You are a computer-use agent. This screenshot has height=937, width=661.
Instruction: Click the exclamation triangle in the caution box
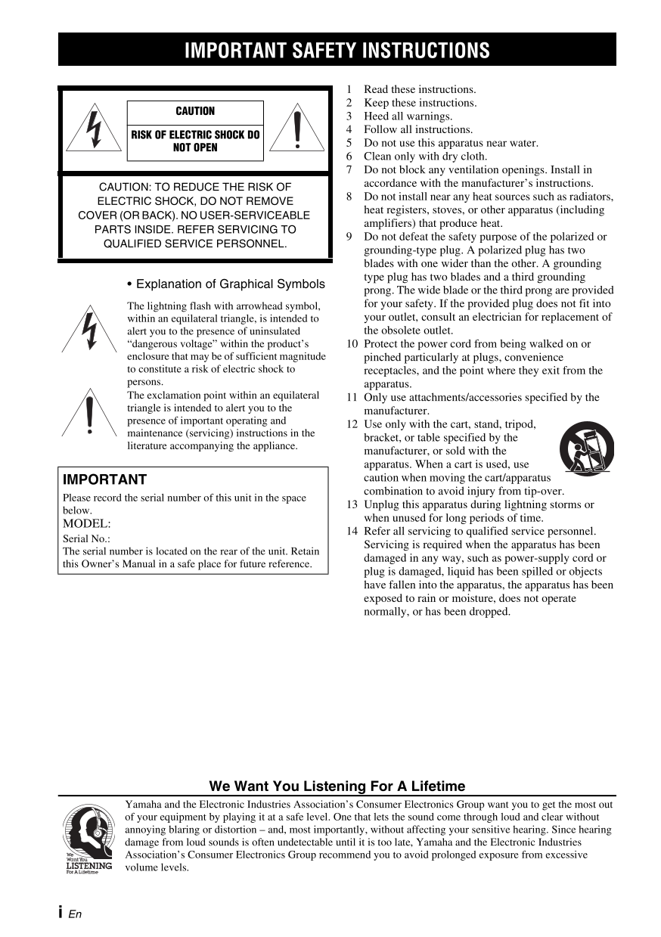pos(299,128)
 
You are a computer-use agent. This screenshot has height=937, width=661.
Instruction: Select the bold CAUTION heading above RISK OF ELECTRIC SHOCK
pos(195,111)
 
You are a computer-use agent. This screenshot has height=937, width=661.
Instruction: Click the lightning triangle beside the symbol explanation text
pos(90,328)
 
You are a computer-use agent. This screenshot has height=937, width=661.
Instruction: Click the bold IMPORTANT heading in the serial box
pos(104,479)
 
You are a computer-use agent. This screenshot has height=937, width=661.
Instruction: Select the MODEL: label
pos(87,523)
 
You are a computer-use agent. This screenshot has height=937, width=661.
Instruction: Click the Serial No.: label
pos(86,538)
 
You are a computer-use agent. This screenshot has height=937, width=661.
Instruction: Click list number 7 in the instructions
pos(349,170)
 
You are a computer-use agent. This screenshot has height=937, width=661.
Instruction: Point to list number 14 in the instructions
pos(352,531)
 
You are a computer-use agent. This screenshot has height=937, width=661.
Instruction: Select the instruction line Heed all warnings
pos(408,116)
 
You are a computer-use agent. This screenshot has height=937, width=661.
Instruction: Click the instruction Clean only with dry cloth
pos(425,157)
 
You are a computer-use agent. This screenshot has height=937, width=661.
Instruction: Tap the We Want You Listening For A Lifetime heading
pos(337,787)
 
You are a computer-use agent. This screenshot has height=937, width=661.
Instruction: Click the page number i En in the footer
pos(70,913)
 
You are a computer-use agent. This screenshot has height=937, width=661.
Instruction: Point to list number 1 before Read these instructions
pos(349,89)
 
